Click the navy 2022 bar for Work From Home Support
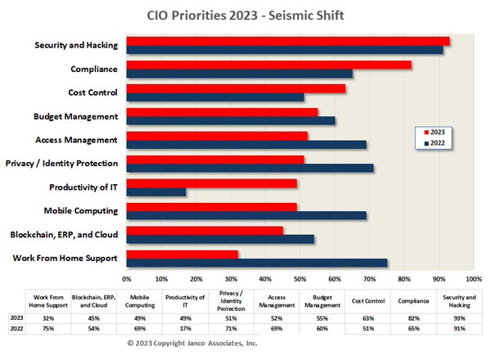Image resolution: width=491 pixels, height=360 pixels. (x=257, y=263)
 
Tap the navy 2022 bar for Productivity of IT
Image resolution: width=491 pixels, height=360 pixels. (x=156, y=192)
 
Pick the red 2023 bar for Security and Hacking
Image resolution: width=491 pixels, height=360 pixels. (x=288, y=41)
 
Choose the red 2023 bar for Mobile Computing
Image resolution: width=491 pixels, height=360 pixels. (x=212, y=207)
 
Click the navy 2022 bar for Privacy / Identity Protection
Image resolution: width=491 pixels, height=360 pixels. (x=250, y=169)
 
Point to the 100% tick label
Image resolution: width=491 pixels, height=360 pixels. (x=472, y=279)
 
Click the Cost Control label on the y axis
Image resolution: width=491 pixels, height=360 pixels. (x=93, y=92)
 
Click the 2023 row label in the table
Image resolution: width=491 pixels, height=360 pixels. (x=16, y=317)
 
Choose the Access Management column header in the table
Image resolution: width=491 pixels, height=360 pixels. (x=275, y=300)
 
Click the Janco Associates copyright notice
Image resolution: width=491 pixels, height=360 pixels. (x=191, y=344)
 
